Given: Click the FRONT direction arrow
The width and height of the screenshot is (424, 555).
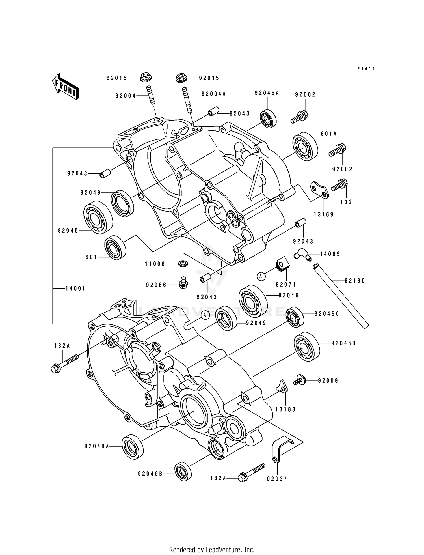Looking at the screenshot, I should click(x=65, y=86).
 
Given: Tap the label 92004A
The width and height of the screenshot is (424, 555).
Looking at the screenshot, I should click(x=213, y=94).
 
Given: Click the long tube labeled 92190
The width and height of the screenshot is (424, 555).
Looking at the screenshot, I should click(x=341, y=296).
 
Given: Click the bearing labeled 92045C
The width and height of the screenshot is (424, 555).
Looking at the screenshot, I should click(x=295, y=317).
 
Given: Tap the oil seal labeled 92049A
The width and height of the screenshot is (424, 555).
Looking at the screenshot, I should click(x=132, y=446).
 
